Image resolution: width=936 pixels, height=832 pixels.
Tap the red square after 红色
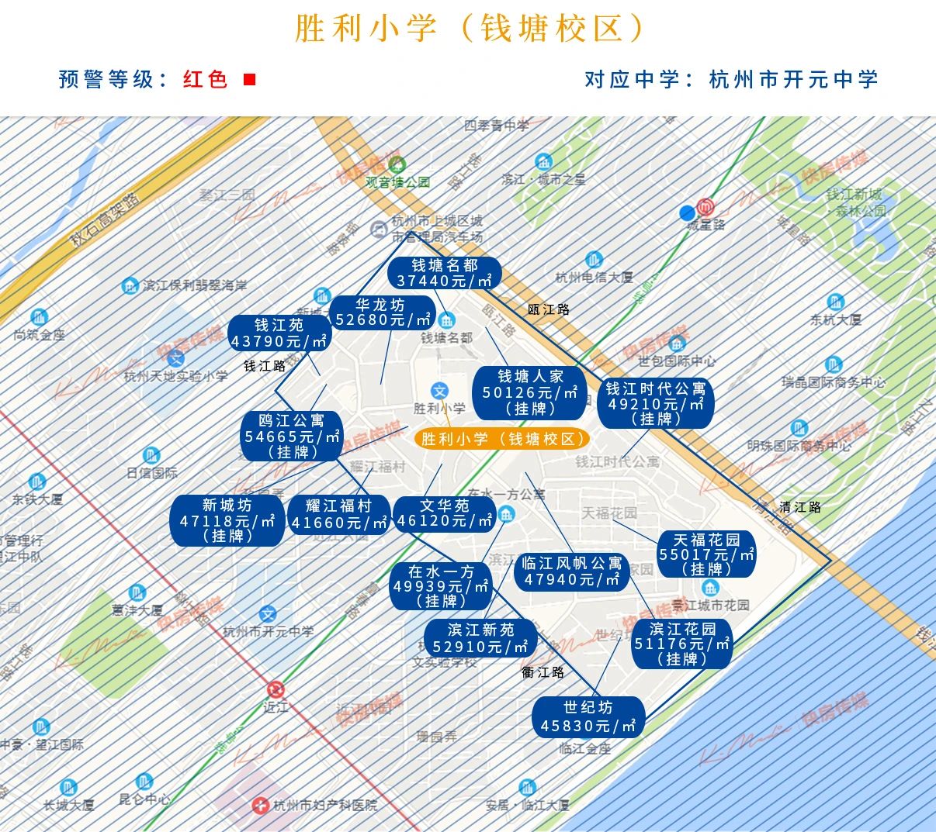pyautogui.click(x=249, y=79)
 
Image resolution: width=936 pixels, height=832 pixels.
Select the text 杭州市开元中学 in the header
pyautogui.click(x=793, y=79)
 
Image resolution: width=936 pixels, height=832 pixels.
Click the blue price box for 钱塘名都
pyautogui.click(x=444, y=273)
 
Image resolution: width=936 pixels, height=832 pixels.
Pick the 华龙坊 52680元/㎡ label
pyautogui.click(x=380, y=312)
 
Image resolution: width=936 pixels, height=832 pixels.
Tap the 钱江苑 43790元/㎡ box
pyautogui.click(x=279, y=333)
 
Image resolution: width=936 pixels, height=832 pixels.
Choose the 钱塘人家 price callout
pyautogui.click(x=530, y=392)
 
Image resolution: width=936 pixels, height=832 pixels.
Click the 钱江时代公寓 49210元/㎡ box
pyautogui.click(x=655, y=403)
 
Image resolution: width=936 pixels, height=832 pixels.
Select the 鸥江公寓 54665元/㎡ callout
pyautogui.click(x=291, y=436)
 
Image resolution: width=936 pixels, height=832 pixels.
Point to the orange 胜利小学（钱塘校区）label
pyautogui.click(x=501, y=439)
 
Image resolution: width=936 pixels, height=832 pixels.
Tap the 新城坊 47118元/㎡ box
pyautogui.click(x=227, y=520)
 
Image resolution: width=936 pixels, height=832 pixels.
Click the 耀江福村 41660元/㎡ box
pyautogui.click(x=338, y=514)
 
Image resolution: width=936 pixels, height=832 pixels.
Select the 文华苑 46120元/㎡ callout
pyautogui.click(x=444, y=513)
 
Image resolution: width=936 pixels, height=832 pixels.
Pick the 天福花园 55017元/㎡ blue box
pyautogui.click(x=705, y=554)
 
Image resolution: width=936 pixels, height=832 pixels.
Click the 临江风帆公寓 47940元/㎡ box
pyautogui.click(x=571, y=571)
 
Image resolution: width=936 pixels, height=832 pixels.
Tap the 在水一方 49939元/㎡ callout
pyautogui.click(x=440, y=585)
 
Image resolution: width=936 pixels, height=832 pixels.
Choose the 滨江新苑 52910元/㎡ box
pyautogui.click(x=480, y=638)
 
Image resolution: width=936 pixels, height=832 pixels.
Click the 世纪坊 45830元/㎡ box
pyautogui.click(x=588, y=716)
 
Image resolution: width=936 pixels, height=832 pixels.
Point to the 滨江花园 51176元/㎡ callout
pyautogui.click(x=681, y=644)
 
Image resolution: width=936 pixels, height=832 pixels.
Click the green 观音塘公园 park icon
pyautogui.click(x=397, y=164)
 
